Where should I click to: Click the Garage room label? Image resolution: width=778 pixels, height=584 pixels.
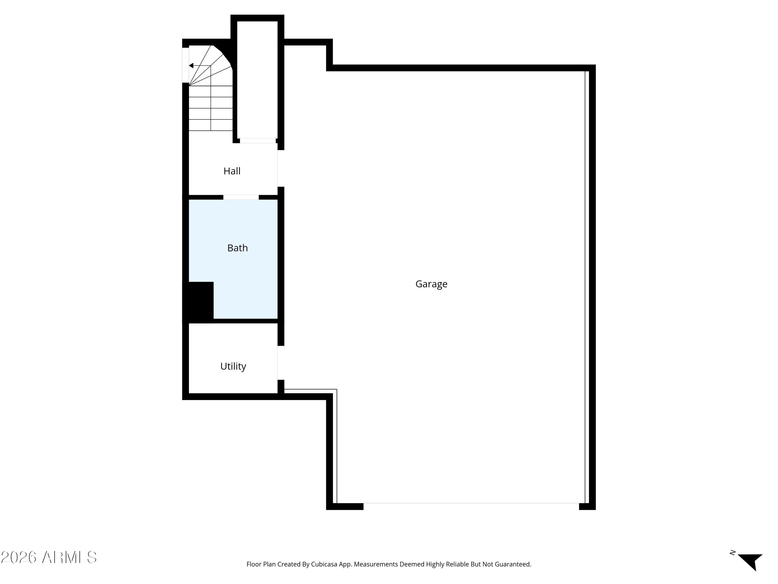pos(431,284)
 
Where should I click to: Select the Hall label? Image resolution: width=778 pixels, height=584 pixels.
pos(232,171)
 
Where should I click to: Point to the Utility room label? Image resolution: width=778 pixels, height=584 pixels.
pos(233,366)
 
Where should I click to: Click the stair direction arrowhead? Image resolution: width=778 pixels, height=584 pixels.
pos(191,66)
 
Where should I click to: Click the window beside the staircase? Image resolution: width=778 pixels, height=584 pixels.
pos(185,65)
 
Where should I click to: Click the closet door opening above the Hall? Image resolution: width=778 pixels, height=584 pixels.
pos(258,141)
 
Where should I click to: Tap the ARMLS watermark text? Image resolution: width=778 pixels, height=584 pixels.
pos(69,557)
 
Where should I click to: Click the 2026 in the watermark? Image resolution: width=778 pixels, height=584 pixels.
pos(19,557)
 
